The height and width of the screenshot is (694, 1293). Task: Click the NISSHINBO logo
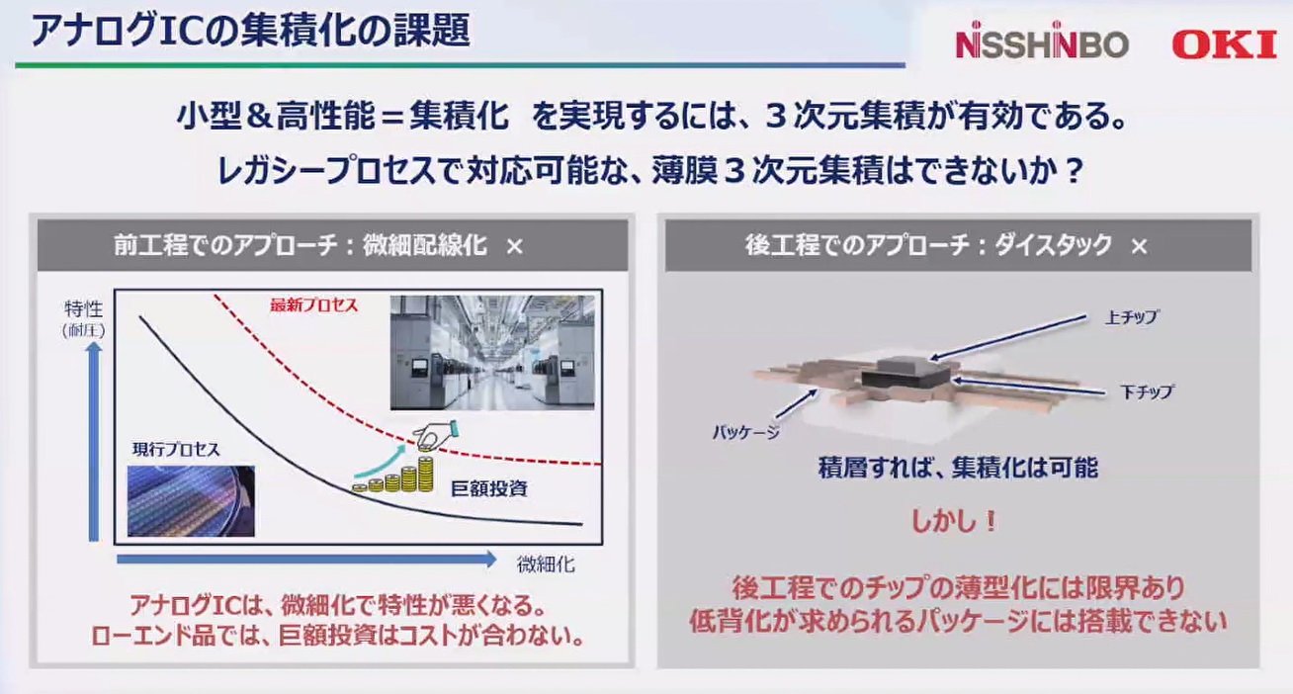1040,44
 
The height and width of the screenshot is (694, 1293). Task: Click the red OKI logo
1224,44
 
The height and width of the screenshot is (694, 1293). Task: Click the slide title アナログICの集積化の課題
250,30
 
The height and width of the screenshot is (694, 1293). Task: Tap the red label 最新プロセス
313,304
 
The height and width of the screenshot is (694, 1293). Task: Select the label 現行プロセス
177,450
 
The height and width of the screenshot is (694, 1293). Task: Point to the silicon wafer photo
191,499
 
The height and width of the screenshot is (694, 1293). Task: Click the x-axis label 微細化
545,565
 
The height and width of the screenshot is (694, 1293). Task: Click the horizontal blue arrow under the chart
306,560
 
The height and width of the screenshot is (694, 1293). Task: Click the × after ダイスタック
1139,246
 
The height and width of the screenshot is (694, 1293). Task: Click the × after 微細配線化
514,246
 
